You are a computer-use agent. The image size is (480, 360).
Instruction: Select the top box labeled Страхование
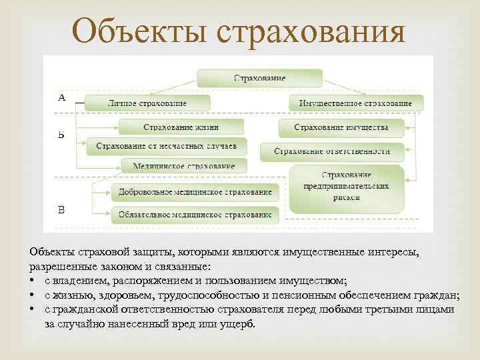[x=259, y=78]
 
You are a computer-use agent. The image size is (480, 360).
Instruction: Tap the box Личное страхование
[x=147, y=103]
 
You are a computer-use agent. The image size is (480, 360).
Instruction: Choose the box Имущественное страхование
[x=355, y=103]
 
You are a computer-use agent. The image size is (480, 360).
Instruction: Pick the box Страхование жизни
[x=180, y=127]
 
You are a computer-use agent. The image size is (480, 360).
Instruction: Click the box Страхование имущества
[x=340, y=127]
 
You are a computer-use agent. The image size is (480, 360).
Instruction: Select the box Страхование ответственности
[x=332, y=151]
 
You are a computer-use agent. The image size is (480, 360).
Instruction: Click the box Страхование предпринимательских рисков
[x=347, y=187]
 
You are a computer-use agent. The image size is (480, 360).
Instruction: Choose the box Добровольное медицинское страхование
[x=194, y=192]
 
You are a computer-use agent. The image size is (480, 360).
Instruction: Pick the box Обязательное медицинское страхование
[x=194, y=214]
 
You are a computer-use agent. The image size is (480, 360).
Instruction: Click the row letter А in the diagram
[x=62, y=98]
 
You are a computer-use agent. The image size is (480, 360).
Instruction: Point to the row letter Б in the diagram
[x=61, y=134]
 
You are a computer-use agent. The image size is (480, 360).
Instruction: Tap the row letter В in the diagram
[x=61, y=211]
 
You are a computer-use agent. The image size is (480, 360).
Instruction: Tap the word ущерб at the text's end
[x=239, y=323]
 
